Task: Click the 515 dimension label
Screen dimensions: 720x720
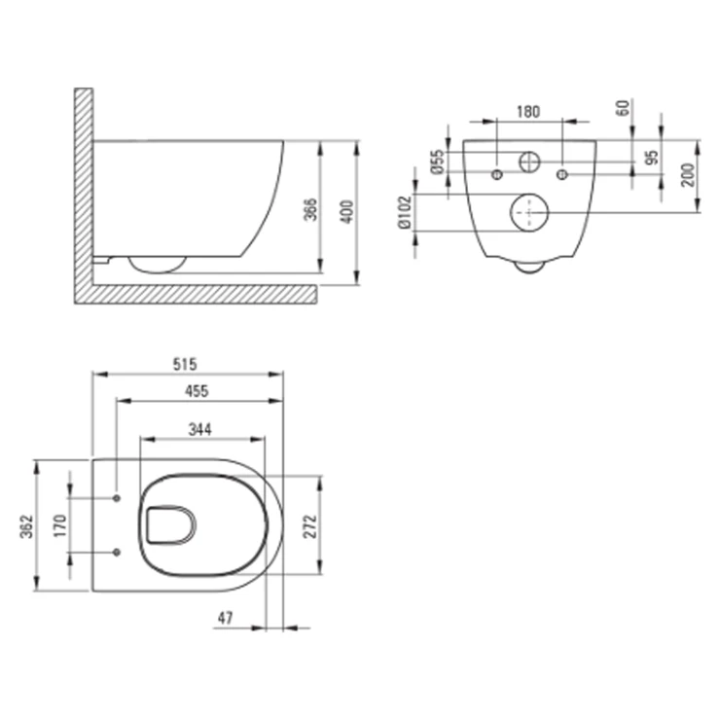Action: [185, 364]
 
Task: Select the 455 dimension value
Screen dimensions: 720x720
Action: [197, 391]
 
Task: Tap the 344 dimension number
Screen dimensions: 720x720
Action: [200, 429]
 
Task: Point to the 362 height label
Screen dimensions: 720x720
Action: [27, 526]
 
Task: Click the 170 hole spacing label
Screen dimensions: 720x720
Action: [60, 525]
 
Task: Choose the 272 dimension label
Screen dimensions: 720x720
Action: [311, 526]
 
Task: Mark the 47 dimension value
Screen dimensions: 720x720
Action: [225, 618]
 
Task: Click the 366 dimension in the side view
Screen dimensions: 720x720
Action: [311, 209]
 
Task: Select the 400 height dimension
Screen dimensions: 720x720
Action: [348, 212]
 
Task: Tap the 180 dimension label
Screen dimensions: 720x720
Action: [528, 112]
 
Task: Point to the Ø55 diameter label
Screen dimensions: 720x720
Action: [438, 162]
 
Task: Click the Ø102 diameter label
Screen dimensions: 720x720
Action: [405, 212]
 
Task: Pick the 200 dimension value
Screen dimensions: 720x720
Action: [688, 174]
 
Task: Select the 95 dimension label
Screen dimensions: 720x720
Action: [652, 157]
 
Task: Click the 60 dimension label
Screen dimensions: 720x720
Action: [623, 108]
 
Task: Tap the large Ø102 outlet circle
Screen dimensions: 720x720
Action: [529, 213]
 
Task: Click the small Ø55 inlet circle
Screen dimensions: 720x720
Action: [529, 162]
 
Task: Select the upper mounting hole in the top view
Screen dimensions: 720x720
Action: [117, 498]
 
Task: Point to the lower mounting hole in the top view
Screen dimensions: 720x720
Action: [117, 552]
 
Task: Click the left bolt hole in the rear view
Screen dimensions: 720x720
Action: [497, 174]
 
